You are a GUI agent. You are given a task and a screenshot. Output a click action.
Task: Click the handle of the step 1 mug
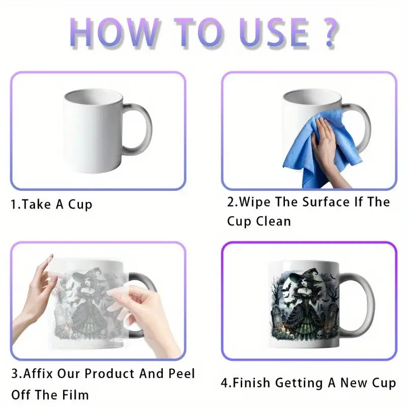coord(137,129)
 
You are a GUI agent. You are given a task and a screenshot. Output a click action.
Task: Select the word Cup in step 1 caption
coord(80,205)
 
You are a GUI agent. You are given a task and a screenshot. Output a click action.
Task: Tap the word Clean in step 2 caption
coord(274,221)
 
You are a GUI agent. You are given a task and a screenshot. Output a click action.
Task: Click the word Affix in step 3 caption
coord(38,374)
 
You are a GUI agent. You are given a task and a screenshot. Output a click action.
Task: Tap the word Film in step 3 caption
coord(76,395)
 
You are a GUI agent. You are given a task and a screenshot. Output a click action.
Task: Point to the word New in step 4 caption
coord(354,383)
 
